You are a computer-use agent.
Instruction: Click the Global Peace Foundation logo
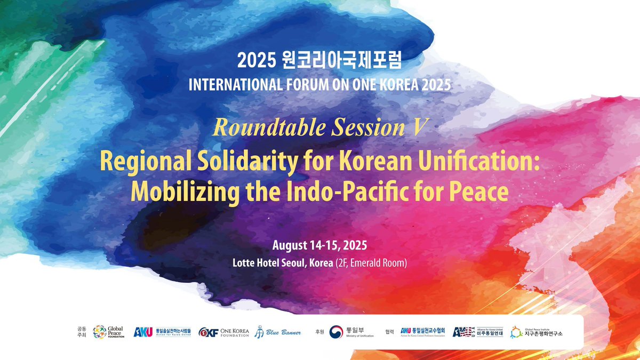click(x=109, y=332)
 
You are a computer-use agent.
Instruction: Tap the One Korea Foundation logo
click(x=223, y=332)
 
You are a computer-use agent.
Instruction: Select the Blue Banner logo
click(x=277, y=332)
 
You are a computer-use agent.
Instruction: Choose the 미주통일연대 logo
click(x=477, y=332)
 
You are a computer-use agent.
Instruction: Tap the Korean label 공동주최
click(x=81, y=332)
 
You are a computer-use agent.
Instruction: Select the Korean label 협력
click(x=389, y=331)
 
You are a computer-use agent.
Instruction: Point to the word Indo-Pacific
click(x=364, y=192)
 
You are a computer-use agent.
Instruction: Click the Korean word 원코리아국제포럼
click(x=340, y=61)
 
